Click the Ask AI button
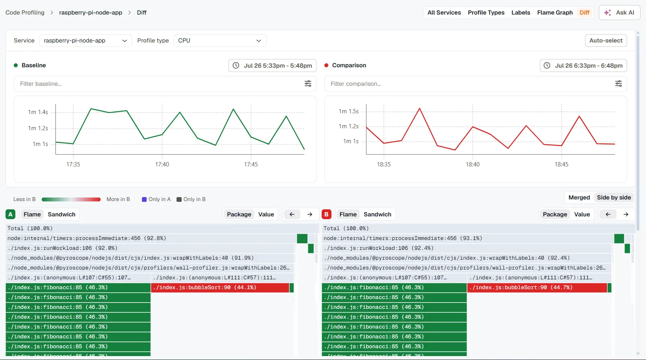[620, 13]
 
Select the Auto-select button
[606, 41]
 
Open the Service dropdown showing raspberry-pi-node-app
[85, 41]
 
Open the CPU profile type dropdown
[220, 41]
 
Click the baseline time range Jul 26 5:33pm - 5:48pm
[272, 66]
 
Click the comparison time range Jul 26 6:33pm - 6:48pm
[583, 66]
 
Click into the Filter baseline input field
[158, 84]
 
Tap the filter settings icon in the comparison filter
[618, 84]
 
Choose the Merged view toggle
[579, 198]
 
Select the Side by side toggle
[614, 198]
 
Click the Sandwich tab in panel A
[61, 214]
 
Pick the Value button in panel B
[582, 214]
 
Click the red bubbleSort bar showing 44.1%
[220, 288]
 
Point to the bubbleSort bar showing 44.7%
[537, 288]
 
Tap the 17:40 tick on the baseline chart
[162, 164]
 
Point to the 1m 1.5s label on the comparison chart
[348, 111]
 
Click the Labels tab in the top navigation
[521, 13]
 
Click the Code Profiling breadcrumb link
[25, 13]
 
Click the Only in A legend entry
[156, 199]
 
